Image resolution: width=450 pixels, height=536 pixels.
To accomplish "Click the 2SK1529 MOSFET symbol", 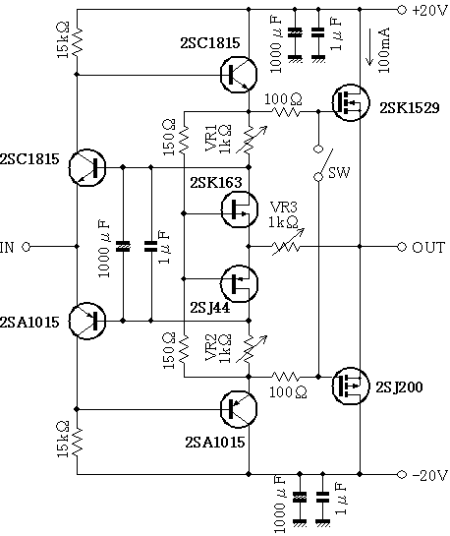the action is coord(351,102).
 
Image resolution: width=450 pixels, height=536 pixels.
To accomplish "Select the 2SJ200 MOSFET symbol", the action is coord(351,386).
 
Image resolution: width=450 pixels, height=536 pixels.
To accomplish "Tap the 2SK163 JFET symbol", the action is coord(239,209).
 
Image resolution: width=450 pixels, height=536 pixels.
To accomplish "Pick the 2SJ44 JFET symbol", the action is coord(239,283).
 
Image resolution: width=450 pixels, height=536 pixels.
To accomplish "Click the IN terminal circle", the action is coord(27,247).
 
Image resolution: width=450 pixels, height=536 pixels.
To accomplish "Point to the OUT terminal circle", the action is coord(402,247).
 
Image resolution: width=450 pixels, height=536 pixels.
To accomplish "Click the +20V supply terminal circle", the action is coord(402,10).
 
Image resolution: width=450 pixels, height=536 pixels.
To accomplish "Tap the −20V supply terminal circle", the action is coord(402,474).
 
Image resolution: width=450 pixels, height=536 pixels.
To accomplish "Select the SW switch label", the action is coord(339,172).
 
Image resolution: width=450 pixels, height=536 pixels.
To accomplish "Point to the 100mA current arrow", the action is coord(370,47).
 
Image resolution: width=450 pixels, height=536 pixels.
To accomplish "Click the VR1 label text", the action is coord(211,139).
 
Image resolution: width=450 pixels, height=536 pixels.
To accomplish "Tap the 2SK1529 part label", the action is coord(410,108).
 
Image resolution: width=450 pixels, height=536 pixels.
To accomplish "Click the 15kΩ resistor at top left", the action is coord(78,42).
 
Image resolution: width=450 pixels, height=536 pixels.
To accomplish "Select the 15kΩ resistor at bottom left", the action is coord(78,442).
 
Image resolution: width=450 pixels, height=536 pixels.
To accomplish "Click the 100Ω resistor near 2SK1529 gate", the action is coord(286,111).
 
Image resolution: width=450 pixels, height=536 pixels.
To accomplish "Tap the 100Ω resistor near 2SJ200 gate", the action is coord(286,377).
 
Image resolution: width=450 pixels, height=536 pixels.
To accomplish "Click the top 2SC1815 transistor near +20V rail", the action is coord(239,75).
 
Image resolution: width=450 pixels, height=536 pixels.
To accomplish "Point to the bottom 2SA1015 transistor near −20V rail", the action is coord(239,409).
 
